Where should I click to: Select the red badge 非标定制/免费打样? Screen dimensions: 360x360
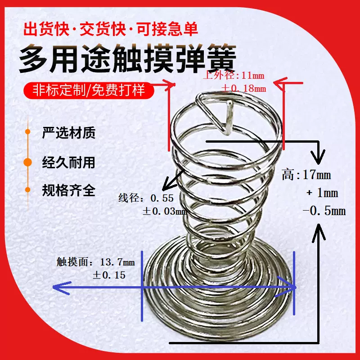pos(89,90)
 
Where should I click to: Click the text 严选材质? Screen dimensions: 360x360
pos(68,133)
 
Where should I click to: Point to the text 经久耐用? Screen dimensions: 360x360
pos(68,162)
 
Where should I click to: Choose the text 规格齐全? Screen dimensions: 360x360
pos(68,190)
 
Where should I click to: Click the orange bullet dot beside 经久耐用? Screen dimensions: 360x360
pos(28,162)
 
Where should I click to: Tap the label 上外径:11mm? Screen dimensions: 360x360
pos(234,76)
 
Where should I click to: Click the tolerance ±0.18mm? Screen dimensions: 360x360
pos(243,87)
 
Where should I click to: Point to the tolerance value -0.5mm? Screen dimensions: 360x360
pos(324,210)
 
